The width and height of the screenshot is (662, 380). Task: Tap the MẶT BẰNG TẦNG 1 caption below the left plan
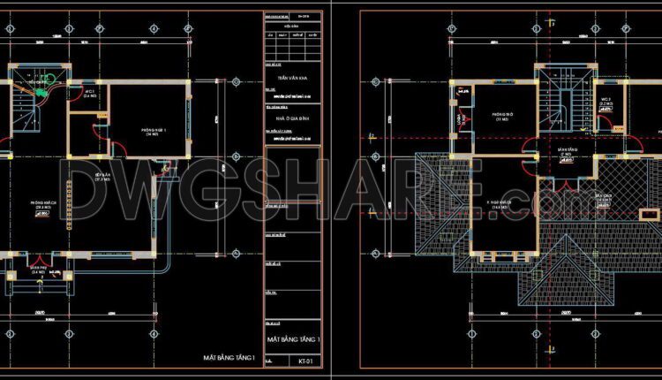pyautogui.click(x=229, y=358)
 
